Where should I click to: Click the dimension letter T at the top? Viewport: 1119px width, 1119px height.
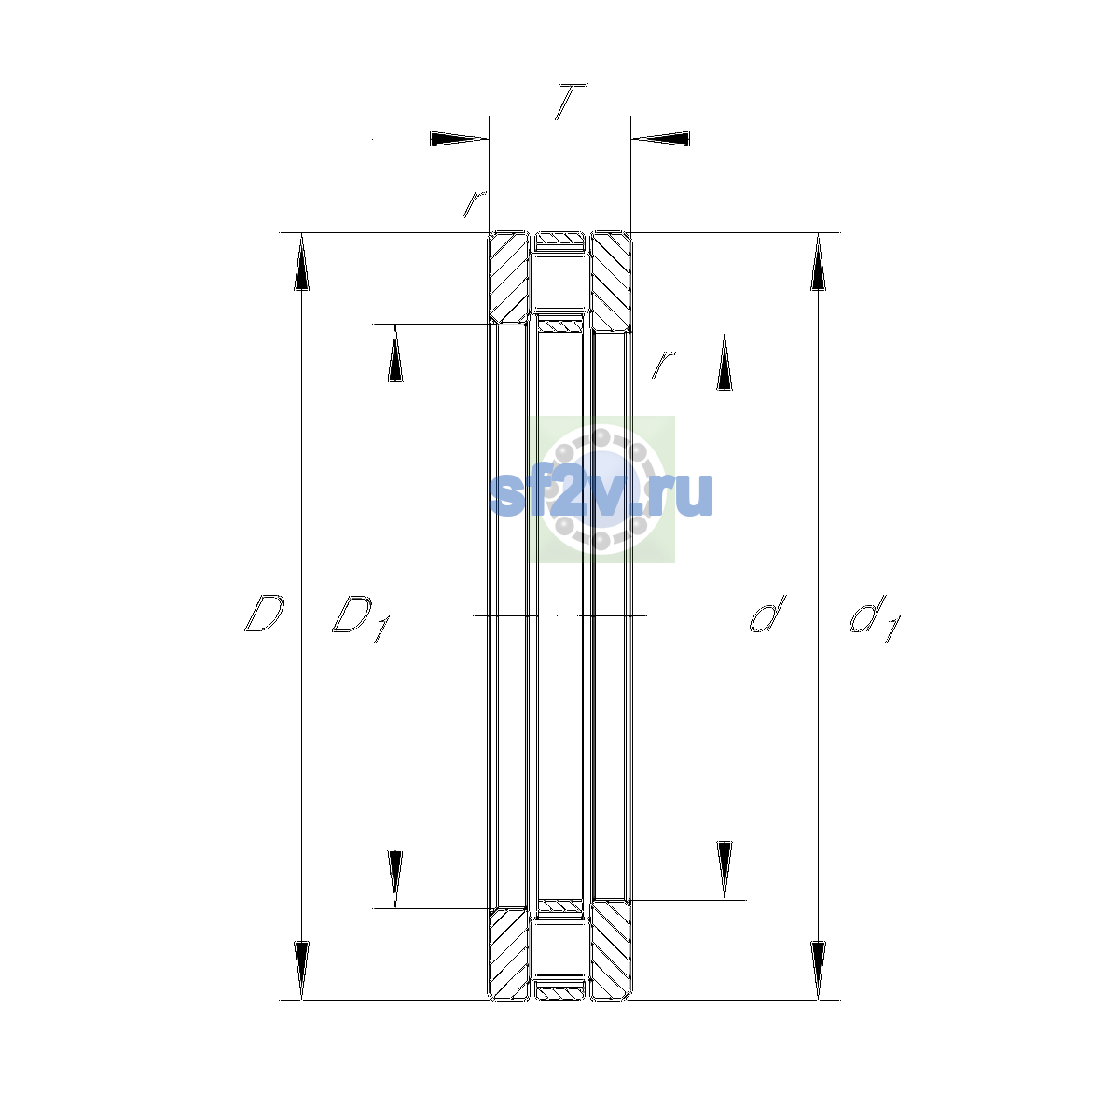[571, 102]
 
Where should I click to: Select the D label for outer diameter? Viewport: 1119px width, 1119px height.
[264, 614]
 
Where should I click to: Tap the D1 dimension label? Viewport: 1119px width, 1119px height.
[361, 618]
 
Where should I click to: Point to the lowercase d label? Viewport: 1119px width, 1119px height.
[767, 614]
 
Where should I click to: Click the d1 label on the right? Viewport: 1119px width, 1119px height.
[875, 618]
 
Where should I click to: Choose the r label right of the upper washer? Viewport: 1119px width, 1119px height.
[663, 364]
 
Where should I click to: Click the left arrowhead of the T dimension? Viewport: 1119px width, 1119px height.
[459, 139]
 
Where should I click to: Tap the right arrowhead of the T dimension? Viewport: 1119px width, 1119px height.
[661, 139]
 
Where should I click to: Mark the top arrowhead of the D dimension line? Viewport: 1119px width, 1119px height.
[301, 261]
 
